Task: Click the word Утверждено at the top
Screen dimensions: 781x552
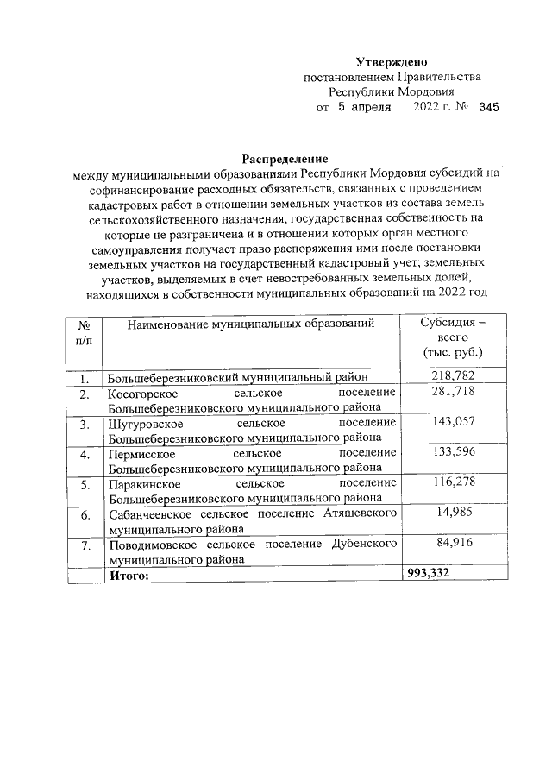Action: (x=392, y=61)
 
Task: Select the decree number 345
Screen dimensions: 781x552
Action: (x=488, y=107)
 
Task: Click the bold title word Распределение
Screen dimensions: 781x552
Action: (x=285, y=159)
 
